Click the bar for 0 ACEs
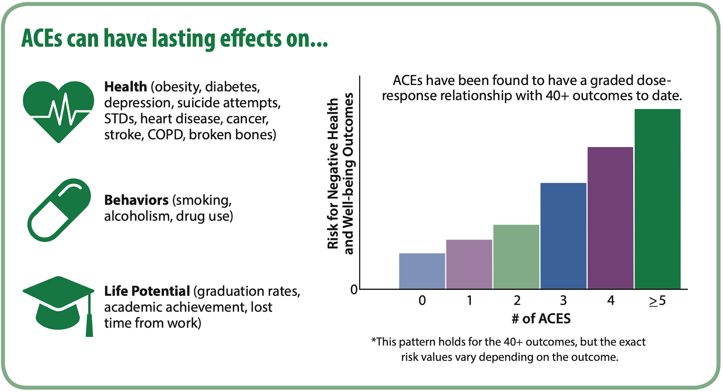tap(422, 271)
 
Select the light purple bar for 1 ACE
tap(469, 264)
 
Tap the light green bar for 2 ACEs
tap(516, 256)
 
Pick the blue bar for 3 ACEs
tap(563, 236)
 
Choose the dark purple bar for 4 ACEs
tap(610, 217)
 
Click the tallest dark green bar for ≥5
tap(657, 198)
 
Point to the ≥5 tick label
tap(657, 300)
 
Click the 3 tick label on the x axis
tap(563, 300)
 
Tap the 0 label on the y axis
tap(354, 289)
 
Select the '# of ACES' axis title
tap(541, 319)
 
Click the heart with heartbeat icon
tap(58, 111)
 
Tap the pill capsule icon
tap(59, 210)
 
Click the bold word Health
tap(126, 86)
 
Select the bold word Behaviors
tap(136, 200)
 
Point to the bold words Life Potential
tap(147, 291)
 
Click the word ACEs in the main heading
tap(41, 38)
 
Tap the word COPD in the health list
tap(165, 135)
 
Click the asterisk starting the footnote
tap(374, 340)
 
